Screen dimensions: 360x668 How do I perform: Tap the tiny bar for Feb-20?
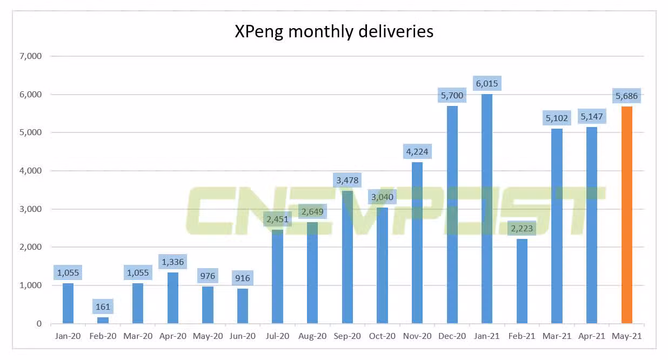[x=103, y=321]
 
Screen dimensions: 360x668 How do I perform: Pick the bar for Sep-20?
[x=348, y=257]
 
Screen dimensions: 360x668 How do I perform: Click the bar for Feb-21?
[x=522, y=281]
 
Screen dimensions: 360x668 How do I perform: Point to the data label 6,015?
[x=487, y=83]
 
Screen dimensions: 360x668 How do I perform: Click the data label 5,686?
[x=627, y=96]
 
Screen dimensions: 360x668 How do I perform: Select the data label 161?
[x=103, y=307]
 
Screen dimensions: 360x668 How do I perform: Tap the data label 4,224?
[x=417, y=152]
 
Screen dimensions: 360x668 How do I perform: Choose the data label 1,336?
[x=173, y=262]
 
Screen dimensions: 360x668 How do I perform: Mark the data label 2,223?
[x=522, y=229]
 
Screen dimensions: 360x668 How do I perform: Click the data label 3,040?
[x=382, y=197]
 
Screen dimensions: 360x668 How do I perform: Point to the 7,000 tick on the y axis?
[x=31, y=56]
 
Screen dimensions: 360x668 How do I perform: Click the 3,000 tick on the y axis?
[x=31, y=209]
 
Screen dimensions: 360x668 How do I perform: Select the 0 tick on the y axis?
[x=39, y=324]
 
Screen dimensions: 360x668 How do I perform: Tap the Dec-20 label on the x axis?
[x=452, y=336]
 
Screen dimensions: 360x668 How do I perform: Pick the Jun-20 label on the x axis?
[x=243, y=336]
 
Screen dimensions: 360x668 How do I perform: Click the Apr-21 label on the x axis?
[x=592, y=336]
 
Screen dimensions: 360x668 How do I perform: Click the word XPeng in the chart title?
[x=258, y=32]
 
